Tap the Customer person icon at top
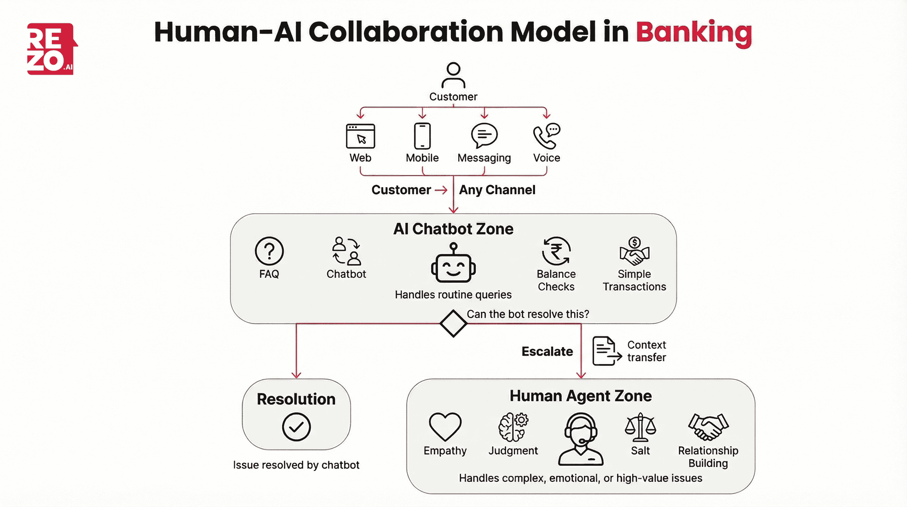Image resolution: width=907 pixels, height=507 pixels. (453, 75)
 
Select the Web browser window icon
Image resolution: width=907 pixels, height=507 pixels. (360, 136)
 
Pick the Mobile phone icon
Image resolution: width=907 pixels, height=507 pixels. (422, 136)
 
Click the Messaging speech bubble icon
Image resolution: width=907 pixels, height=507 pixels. (484, 135)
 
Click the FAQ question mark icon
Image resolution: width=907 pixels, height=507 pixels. (269, 251)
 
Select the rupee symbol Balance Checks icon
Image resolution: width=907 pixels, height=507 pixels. (556, 251)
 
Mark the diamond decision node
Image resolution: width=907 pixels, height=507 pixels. (453, 323)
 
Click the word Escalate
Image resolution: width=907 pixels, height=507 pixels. (547, 351)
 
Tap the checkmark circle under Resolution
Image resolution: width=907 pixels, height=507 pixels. (296, 427)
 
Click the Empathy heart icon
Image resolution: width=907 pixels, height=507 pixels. (445, 426)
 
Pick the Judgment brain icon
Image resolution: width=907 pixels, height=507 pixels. (513, 427)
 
